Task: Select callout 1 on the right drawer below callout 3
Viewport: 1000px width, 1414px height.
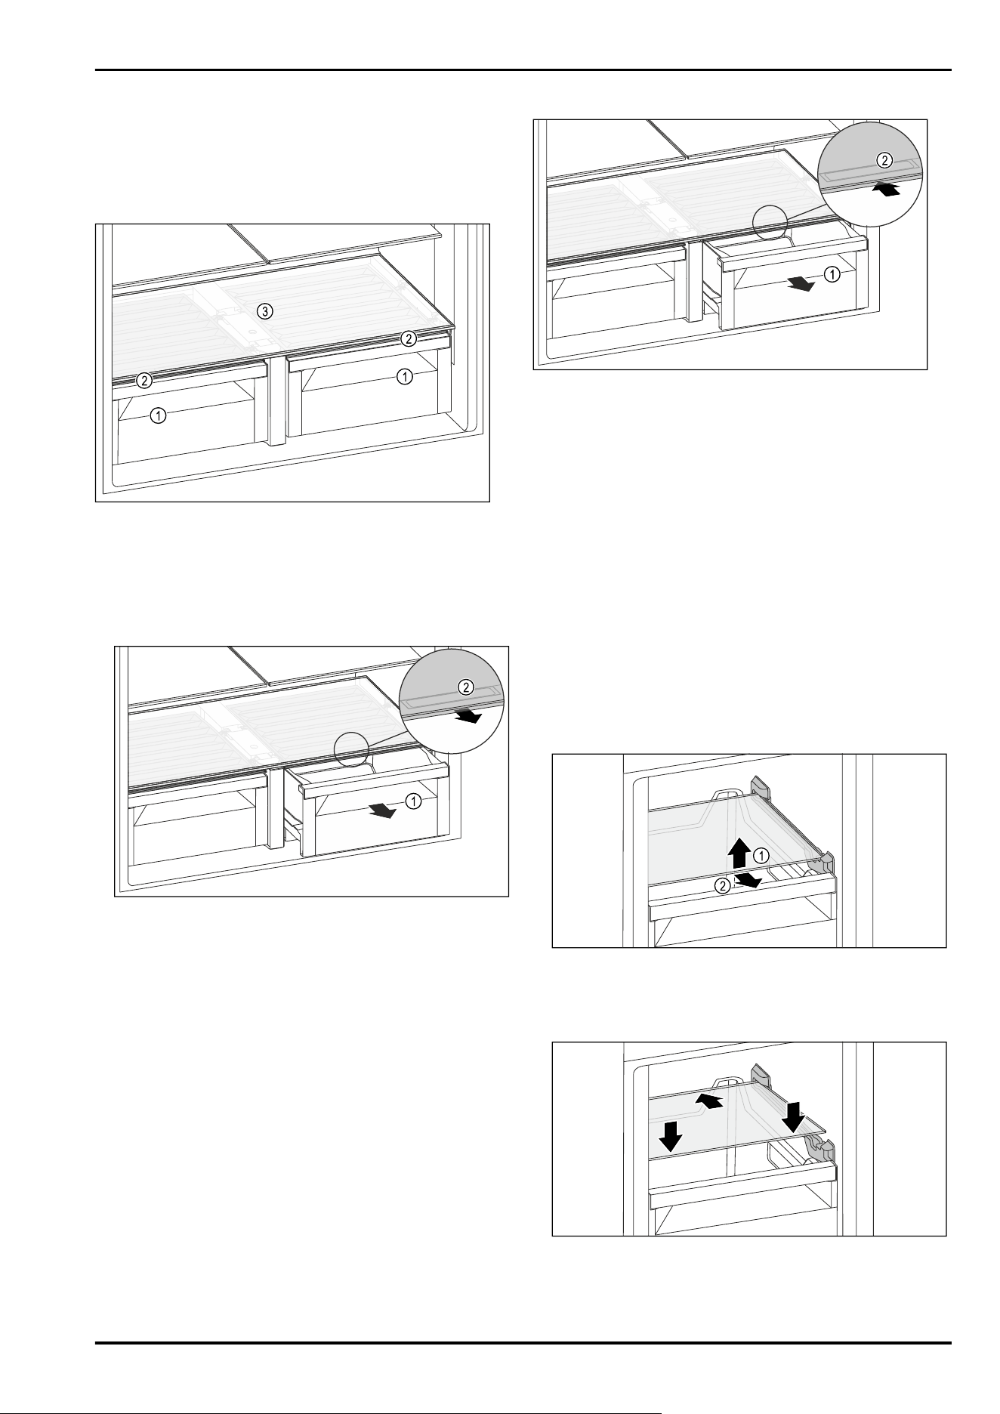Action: click(405, 375)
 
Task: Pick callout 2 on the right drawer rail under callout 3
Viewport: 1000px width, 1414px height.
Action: click(409, 338)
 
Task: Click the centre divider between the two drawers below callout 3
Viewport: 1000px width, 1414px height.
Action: click(276, 400)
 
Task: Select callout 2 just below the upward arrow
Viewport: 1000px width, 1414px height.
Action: click(724, 886)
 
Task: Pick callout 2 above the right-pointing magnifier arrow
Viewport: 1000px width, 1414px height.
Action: click(466, 687)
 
